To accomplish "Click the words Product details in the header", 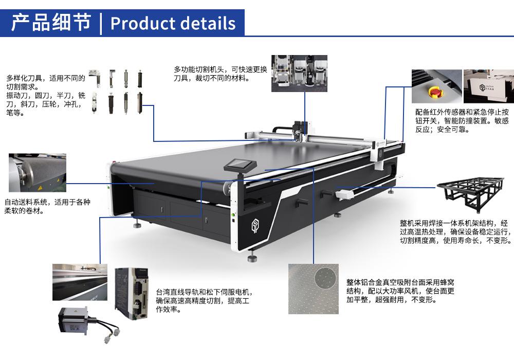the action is [x=173, y=23].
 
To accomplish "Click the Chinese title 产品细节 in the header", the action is [x=51, y=23].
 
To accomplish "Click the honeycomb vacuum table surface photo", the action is [x=314, y=289].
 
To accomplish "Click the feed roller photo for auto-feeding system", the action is [x=37, y=172].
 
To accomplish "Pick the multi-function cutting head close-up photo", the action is [x=300, y=73].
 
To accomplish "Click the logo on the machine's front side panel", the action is [x=256, y=227].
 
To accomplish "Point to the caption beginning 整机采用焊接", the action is [x=455, y=232].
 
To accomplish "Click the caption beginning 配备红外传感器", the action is [x=462, y=121].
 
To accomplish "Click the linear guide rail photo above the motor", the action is [x=79, y=282].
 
